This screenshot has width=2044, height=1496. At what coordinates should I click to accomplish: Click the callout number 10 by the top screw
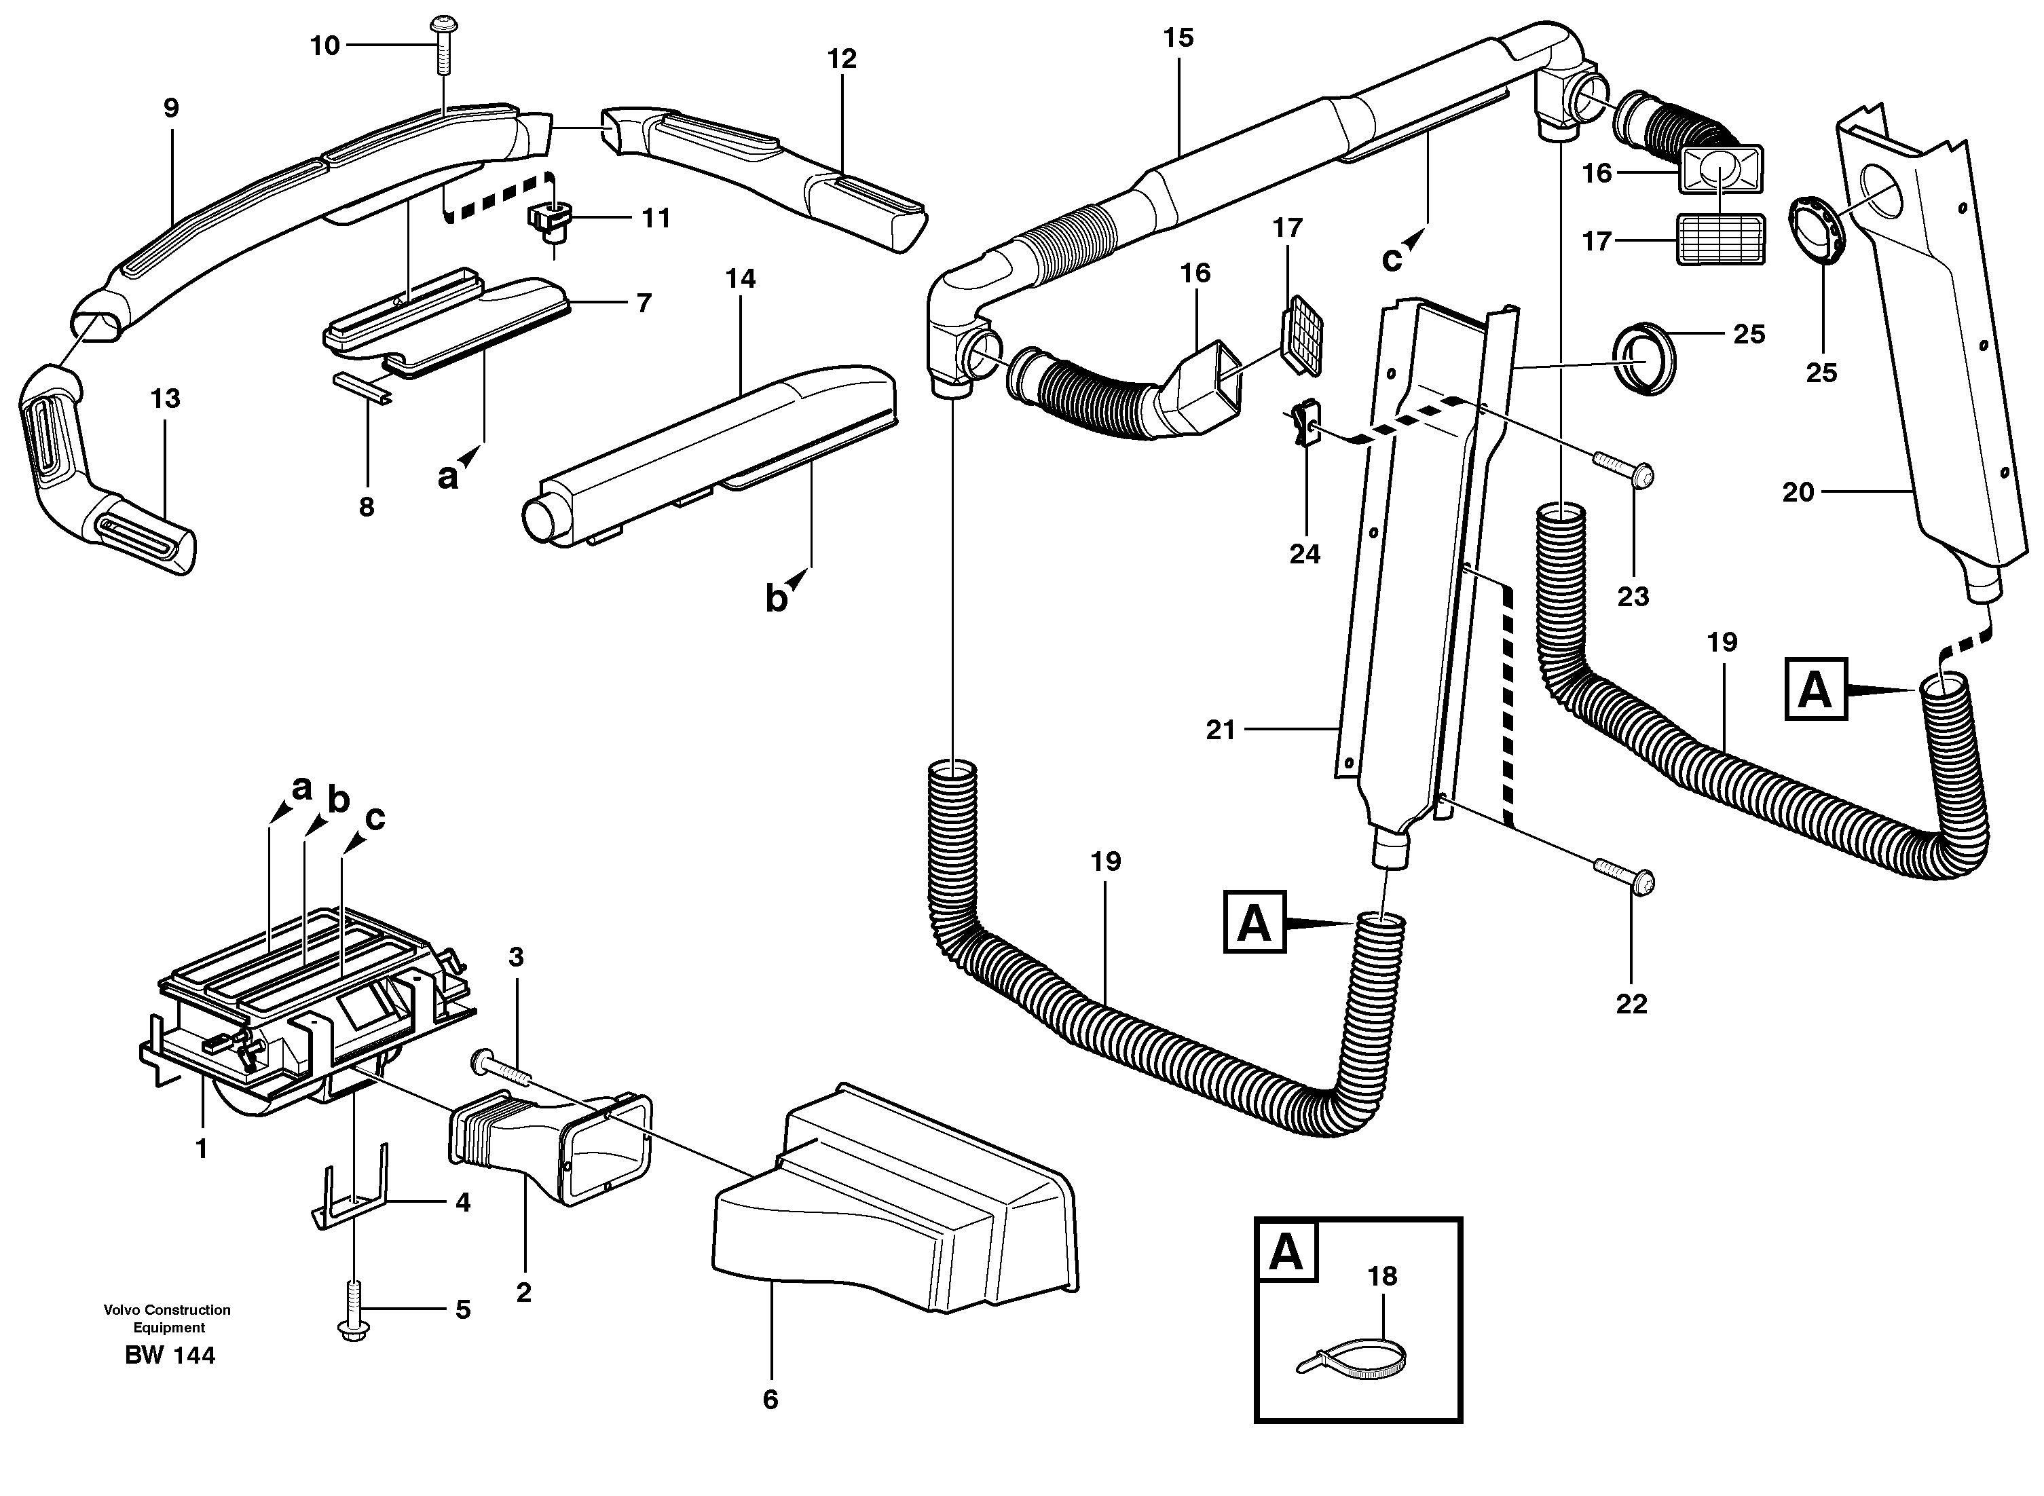click(x=324, y=45)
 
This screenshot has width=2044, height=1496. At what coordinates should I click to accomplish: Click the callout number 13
click(x=166, y=398)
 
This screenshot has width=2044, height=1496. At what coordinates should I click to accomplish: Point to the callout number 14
click(x=740, y=279)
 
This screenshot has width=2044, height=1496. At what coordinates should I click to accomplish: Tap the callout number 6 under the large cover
click(x=770, y=1400)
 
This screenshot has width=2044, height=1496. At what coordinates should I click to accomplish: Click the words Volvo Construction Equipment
click(x=168, y=1320)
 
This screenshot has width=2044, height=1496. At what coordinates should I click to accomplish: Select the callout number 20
click(x=1798, y=493)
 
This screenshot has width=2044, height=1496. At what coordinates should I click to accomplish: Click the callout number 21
click(x=1220, y=730)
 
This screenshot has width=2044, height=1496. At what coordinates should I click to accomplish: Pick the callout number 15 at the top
click(x=1178, y=38)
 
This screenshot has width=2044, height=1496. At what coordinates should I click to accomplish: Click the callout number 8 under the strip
click(x=366, y=507)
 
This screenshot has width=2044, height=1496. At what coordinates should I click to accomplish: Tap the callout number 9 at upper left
click(x=171, y=109)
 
